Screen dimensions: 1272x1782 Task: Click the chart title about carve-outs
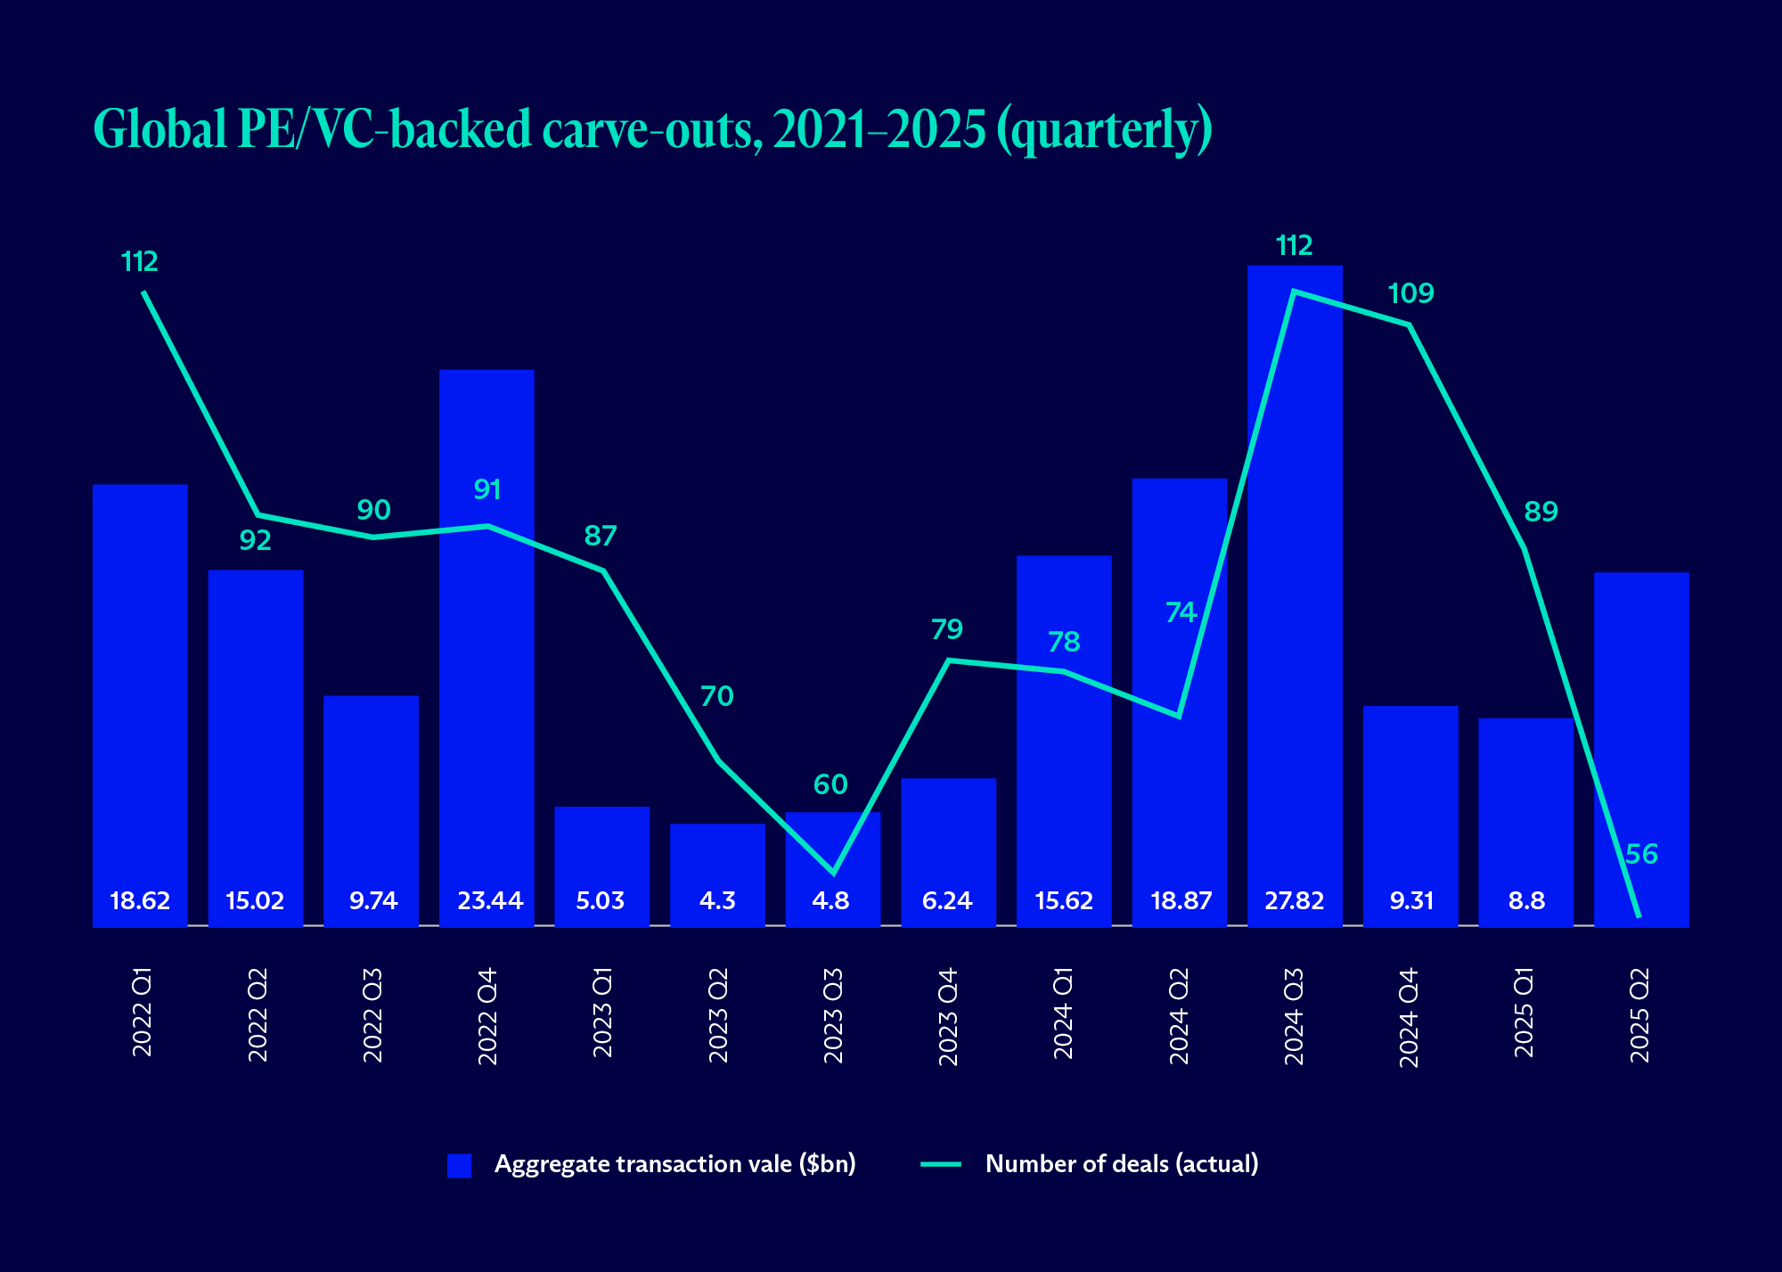coord(652,130)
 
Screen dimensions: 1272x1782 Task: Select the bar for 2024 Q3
coord(1295,588)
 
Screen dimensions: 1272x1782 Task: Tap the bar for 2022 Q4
coord(487,642)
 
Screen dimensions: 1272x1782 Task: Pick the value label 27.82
coord(1295,900)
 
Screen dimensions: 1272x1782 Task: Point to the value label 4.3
coord(717,900)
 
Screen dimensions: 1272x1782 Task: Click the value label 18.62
coord(140,900)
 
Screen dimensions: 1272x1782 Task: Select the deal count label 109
coord(1410,293)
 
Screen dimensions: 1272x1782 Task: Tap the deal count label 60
coord(830,784)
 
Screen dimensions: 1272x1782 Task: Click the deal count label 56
coord(1641,854)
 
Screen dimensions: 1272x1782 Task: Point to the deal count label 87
coord(601,536)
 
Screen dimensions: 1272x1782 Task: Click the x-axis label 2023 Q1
coord(602,1015)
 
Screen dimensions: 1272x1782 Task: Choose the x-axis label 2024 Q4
coord(1409,1017)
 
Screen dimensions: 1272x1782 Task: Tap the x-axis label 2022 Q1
coord(142,1015)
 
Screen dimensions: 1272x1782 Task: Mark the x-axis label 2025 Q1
coord(1525,1015)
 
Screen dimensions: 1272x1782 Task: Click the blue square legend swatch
coord(459,1165)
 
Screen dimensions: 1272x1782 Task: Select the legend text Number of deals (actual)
coord(1122,1164)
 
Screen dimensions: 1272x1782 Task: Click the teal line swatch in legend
coord(941,1164)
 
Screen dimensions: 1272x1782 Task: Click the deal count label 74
coord(1181,612)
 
